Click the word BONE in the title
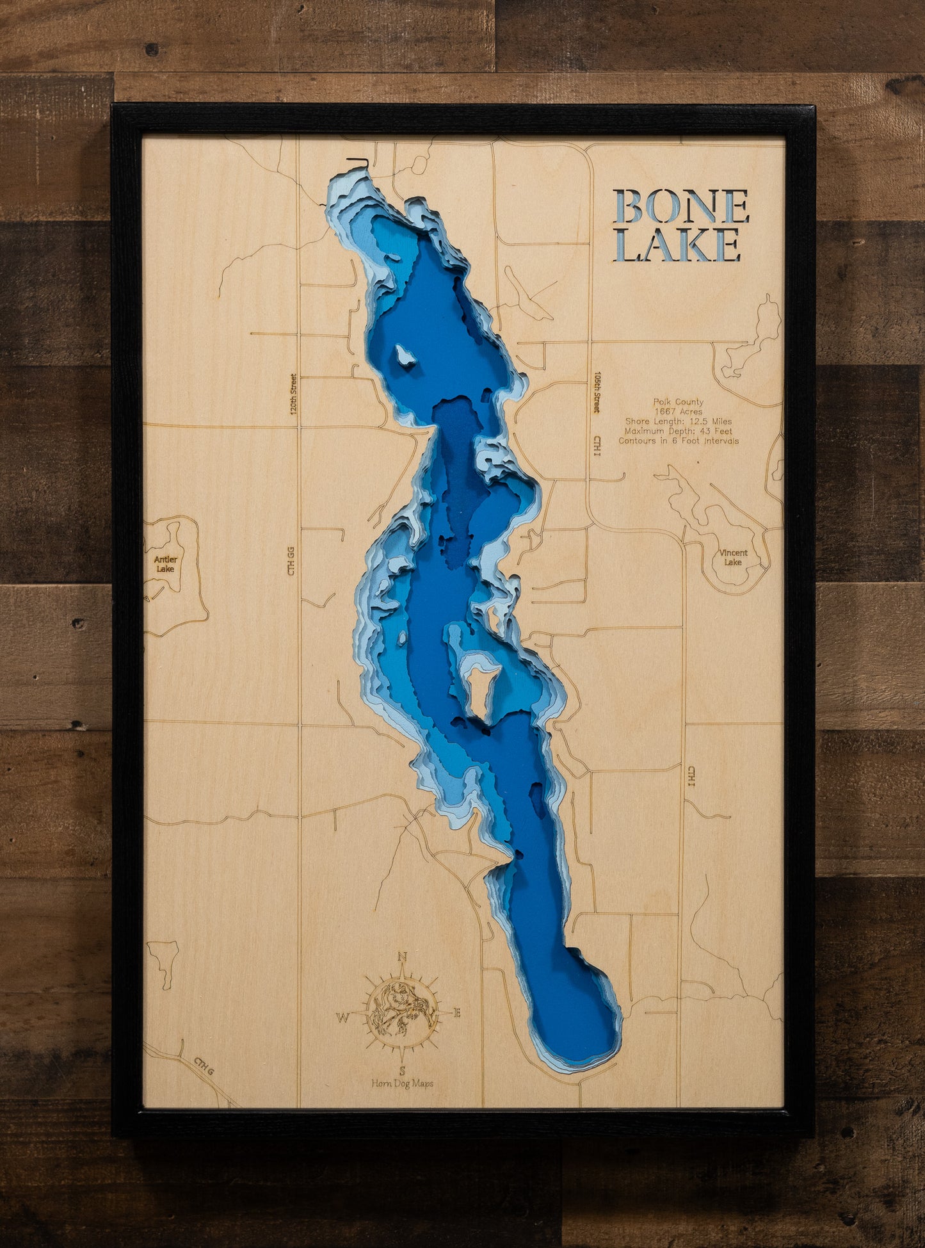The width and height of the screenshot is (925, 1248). coord(681,206)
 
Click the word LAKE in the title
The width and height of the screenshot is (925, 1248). coord(677,245)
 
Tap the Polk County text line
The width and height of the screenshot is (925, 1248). coord(678,402)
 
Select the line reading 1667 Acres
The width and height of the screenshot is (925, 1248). coord(678,412)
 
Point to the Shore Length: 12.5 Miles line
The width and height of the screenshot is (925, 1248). coord(678,421)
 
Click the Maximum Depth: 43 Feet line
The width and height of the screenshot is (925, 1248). coord(678,431)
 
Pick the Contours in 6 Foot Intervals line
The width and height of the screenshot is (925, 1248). coord(678,441)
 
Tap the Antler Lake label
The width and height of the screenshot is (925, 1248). coord(165,563)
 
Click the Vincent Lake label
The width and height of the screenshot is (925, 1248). coord(733,557)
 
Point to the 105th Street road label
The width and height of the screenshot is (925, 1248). coord(597,392)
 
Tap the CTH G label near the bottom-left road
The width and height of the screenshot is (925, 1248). coord(204,1063)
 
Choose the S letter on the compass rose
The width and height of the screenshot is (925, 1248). coord(402,1070)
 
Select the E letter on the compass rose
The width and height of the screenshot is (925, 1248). coord(457,1013)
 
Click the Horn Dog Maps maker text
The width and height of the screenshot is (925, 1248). coord(402,1083)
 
